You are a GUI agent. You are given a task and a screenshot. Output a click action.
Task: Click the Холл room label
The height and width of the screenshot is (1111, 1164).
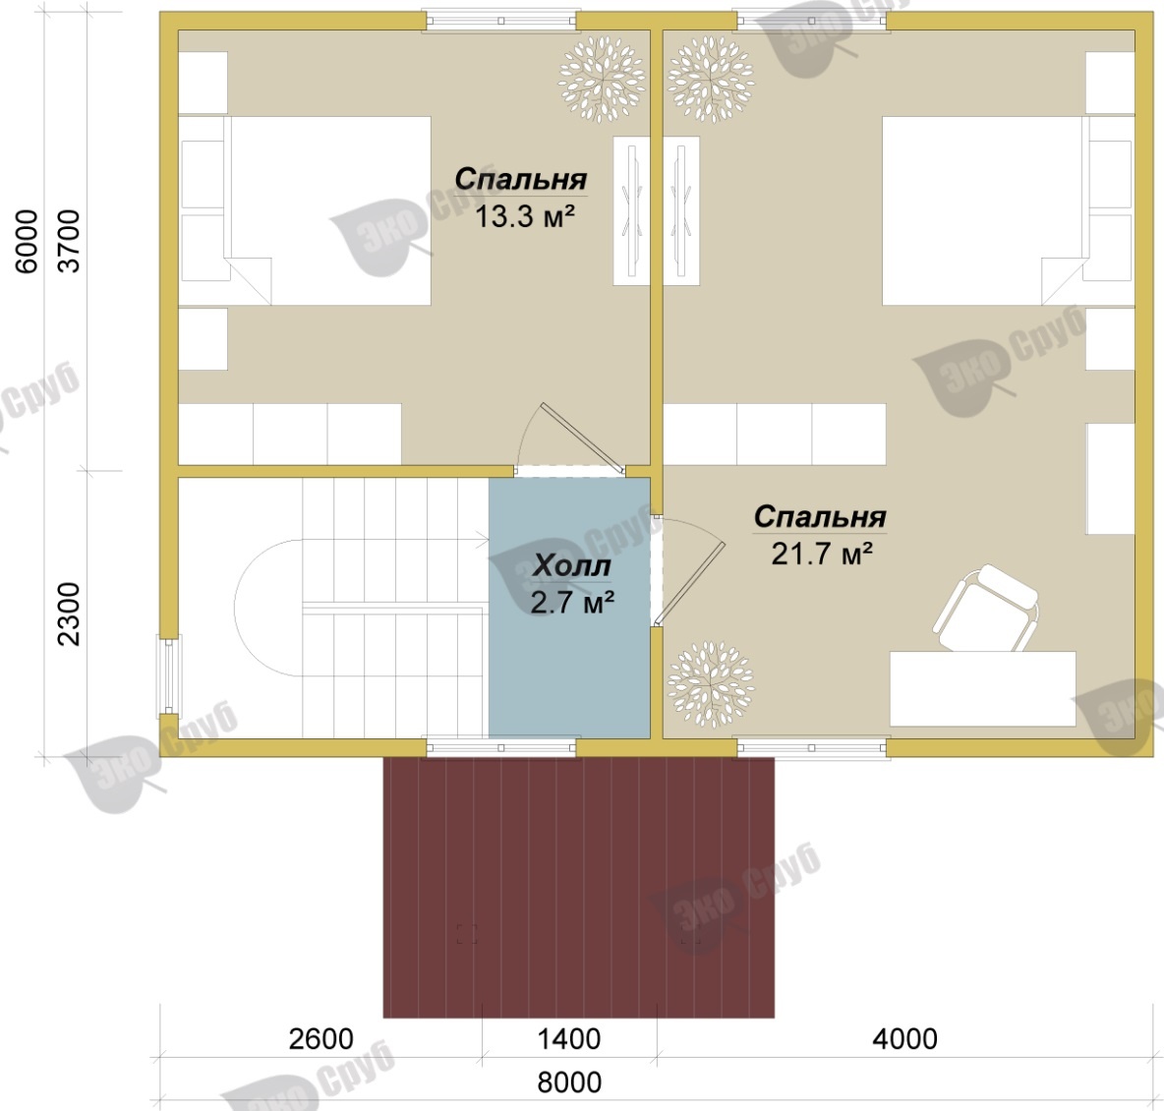[x=571, y=566]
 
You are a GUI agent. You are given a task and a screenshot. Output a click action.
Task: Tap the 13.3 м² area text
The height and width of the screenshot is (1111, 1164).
[x=525, y=217]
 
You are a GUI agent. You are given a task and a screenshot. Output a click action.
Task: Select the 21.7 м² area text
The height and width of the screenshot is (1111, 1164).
[x=821, y=554]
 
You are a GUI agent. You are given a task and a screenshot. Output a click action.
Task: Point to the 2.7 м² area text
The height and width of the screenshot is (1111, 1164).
[x=572, y=603]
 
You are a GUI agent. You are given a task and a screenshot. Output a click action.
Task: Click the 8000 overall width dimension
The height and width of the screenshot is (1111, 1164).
[x=569, y=1082]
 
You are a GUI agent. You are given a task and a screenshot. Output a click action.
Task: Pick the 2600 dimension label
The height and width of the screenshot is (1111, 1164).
[x=320, y=1039]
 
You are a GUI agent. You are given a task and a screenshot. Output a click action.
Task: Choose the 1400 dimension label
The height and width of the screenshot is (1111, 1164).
[x=568, y=1039]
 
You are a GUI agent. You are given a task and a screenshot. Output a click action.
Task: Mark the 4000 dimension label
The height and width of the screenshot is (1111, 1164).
[x=904, y=1039]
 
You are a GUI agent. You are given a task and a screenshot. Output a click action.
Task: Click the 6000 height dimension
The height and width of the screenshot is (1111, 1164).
[x=26, y=241]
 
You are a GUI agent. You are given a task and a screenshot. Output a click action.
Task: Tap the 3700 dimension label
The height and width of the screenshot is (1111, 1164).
[x=69, y=241]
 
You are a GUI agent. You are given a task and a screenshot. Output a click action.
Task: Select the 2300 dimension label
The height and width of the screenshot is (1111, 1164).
[x=69, y=614]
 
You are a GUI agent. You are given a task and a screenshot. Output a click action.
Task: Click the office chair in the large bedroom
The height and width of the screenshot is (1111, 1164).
[x=986, y=609]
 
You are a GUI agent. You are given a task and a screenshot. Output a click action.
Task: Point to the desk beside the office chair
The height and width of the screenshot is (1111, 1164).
[x=983, y=688]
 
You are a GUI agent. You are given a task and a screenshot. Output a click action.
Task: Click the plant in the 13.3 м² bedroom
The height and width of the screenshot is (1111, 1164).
[x=602, y=79]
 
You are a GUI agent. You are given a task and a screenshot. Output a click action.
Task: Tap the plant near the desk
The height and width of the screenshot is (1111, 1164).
[x=711, y=684]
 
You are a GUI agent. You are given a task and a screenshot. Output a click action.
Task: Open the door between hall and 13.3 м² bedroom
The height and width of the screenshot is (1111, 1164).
[x=569, y=439]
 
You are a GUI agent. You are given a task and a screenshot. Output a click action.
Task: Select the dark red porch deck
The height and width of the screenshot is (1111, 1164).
[x=578, y=888]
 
